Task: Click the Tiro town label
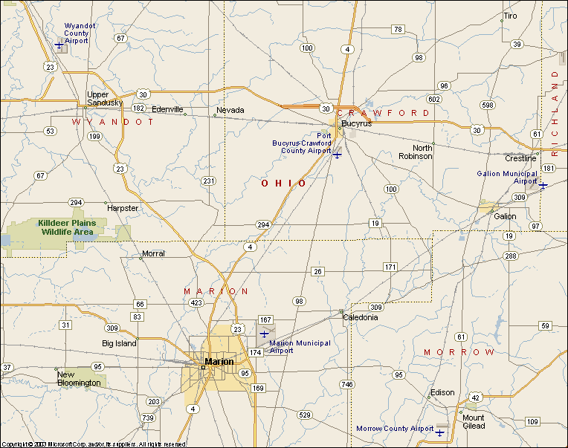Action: (x=510, y=16)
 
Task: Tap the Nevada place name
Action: (x=230, y=110)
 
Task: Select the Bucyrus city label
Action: (x=356, y=123)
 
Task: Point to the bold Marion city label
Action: (x=219, y=362)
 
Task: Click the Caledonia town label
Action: (x=360, y=317)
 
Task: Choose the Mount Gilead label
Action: (x=474, y=421)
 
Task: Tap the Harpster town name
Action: (x=123, y=208)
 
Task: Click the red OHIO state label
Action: (x=283, y=183)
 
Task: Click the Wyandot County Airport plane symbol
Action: (x=59, y=45)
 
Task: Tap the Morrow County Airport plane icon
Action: (x=440, y=432)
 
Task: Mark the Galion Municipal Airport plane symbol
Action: (x=543, y=185)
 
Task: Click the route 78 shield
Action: (x=398, y=30)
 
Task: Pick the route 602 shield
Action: (x=434, y=99)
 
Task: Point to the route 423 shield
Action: (x=196, y=303)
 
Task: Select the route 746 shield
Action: (x=346, y=384)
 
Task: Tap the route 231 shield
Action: (x=209, y=181)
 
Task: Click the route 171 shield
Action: (x=390, y=267)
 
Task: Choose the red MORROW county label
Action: (x=459, y=351)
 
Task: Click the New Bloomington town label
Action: (x=79, y=379)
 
